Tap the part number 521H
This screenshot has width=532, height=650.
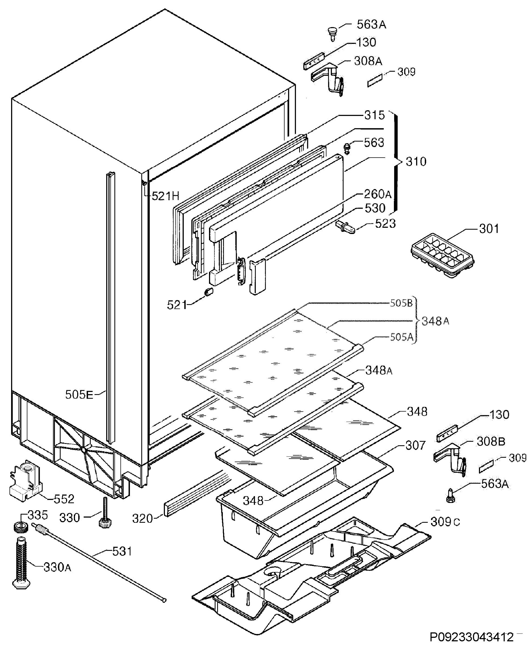pos(165,196)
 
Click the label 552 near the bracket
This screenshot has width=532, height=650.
pos(64,499)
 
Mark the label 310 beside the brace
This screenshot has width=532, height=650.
pos(416,162)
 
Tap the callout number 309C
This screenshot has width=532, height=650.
pos(445,522)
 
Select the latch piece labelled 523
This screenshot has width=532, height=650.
pos(346,227)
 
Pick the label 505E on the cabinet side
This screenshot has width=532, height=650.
pos(79,395)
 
